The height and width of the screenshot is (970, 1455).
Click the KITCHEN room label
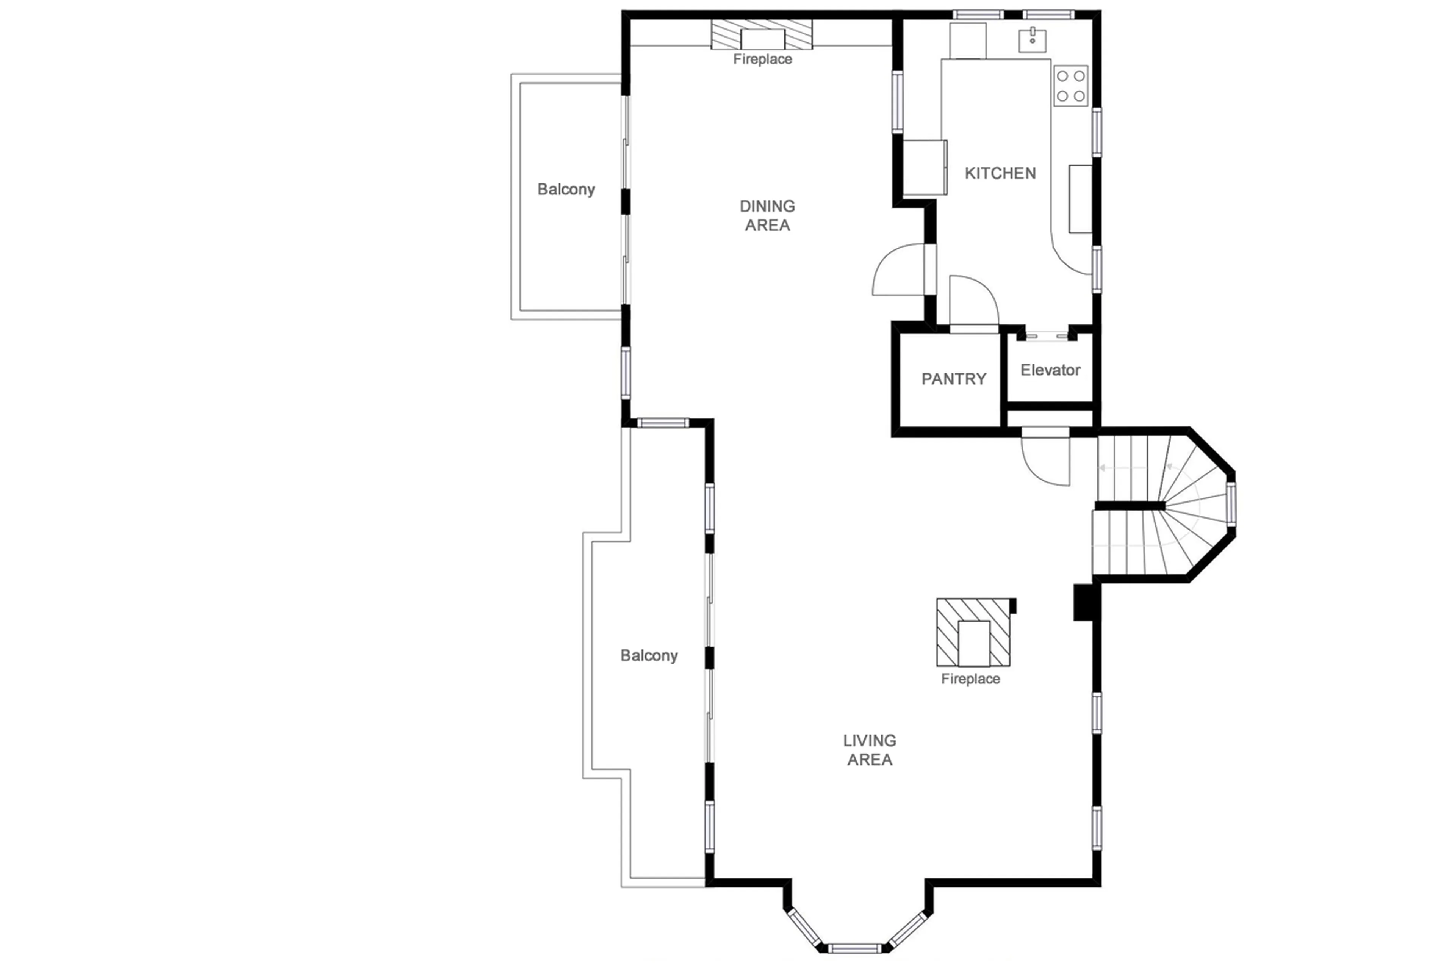point(1000,173)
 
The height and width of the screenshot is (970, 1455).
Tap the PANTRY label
point(953,379)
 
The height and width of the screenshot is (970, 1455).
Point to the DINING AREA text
point(767,215)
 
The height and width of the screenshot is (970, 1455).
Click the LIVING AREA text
point(870,750)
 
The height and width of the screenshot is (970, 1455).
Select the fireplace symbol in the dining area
point(762,34)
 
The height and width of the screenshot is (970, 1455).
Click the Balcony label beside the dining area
point(566,189)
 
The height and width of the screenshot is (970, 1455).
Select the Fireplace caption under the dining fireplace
point(762,60)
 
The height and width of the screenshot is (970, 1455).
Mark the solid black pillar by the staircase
point(1083,602)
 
